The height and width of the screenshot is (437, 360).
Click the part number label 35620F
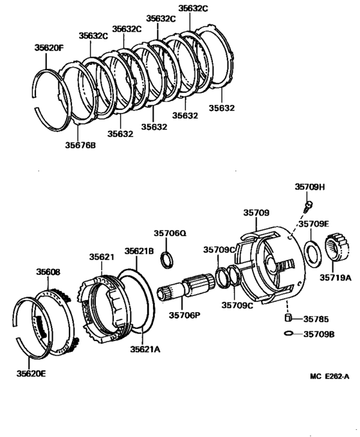[x=49, y=47]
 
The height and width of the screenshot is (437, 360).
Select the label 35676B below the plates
[x=80, y=145]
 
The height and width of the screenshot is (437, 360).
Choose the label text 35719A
[x=336, y=278]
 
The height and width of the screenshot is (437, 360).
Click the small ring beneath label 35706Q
[x=168, y=259]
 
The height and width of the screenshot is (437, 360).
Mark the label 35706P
[x=185, y=315]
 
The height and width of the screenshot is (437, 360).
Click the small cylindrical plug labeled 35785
[x=289, y=318]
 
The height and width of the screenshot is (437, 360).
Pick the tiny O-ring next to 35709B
[x=289, y=333]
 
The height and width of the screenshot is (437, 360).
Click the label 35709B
[x=319, y=334]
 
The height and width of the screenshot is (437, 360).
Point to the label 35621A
[x=146, y=349]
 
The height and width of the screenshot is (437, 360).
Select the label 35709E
[x=313, y=225]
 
